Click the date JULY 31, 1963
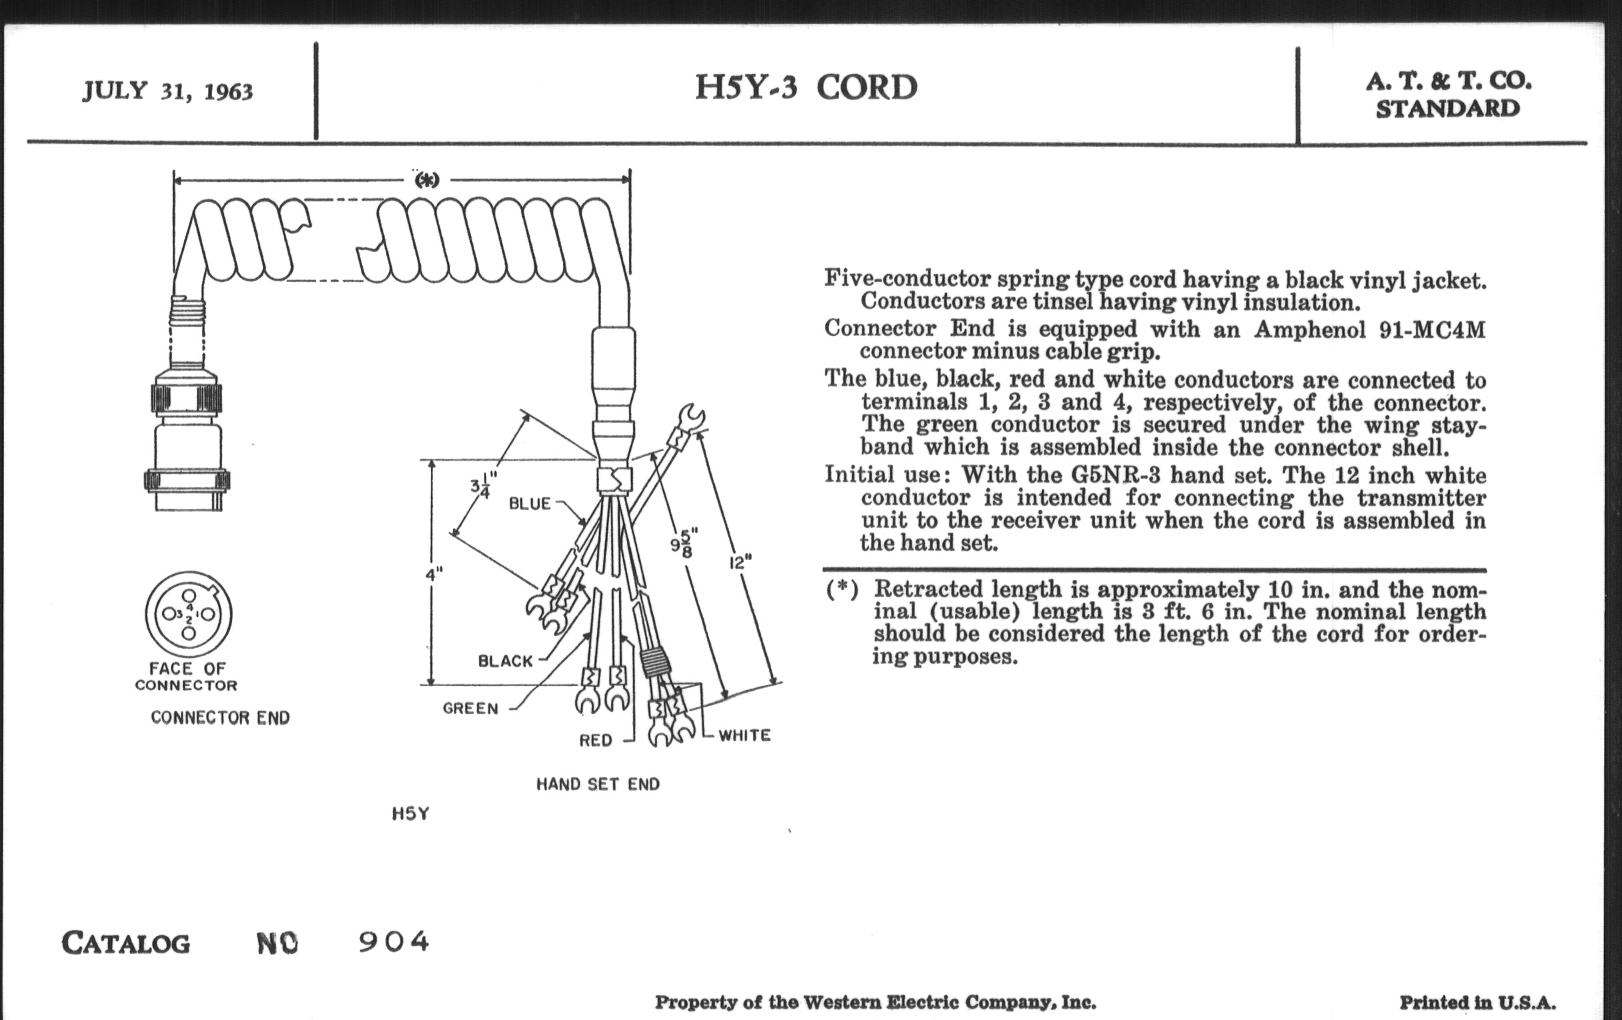pos(167,91)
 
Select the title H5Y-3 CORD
pos(806,87)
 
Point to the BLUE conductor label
pos(530,503)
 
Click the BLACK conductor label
pos(505,661)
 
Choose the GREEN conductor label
pos(470,708)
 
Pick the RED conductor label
pos(596,741)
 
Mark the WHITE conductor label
pos(744,735)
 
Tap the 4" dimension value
pos(434,574)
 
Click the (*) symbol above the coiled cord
pos(426,180)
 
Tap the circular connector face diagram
pos(189,614)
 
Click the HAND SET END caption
pos(598,785)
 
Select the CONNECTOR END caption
pos(220,718)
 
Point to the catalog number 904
pos(393,941)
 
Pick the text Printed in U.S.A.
pos(1477,1003)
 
